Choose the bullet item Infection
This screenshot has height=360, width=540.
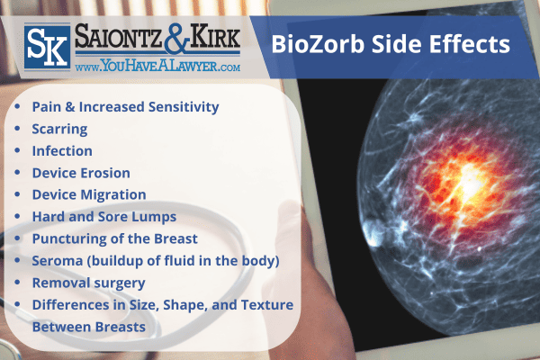62,150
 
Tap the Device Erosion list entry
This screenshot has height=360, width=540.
81,172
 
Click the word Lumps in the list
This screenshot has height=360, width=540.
154,217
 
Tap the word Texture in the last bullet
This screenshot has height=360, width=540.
266,305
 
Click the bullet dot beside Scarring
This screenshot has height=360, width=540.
20,129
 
